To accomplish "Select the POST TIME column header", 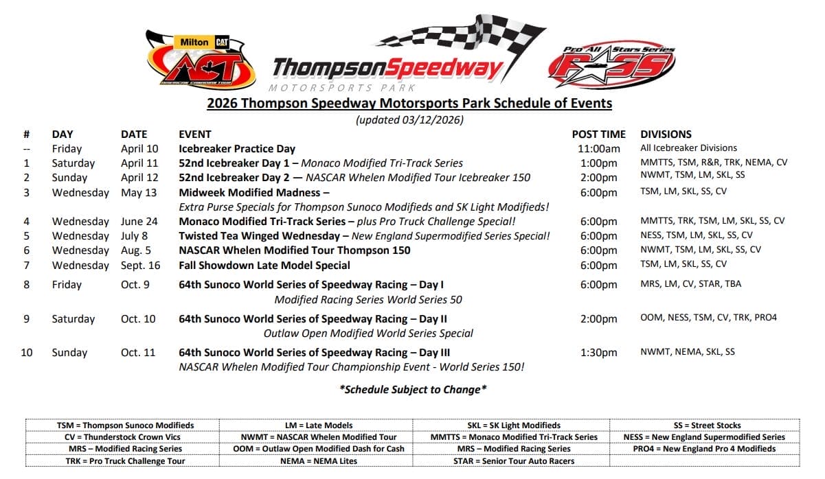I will pyautogui.click(x=598, y=135).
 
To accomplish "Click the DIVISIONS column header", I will pyautogui.click(x=666, y=135).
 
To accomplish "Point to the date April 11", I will pyautogui.click(x=139, y=163).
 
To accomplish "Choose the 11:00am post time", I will pyautogui.click(x=598, y=149).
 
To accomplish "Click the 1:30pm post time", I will pyautogui.click(x=598, y=353).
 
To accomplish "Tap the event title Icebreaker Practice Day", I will pyautogui.click(x=237, y=149).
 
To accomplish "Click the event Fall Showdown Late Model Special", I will pyautogui.click(x=264, y=265).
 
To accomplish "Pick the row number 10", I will pyautogui.click(x=26, y=353).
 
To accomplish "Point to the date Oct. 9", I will pyautogui.click(x=136, y=285).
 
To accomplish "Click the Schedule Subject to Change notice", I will pyautogui.click(x=413, y=389).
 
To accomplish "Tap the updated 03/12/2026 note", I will pyautogui.click(x=409, y=120).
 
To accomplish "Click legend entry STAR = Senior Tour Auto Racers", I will pyautogui.click(x=514, y=460).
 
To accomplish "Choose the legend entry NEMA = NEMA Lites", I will pyautogui.click(x=319, y=460).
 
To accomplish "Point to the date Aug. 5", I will pyautogui.click(x=136, y=250).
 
